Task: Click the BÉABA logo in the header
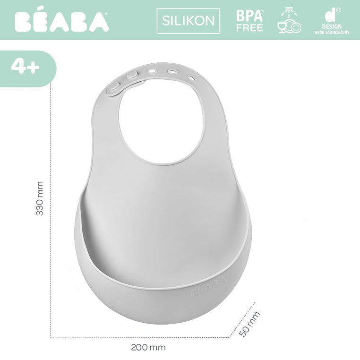61,21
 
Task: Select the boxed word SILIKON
188,21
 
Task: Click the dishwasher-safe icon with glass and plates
289,20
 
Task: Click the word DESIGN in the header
331,27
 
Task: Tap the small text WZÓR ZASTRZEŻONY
331,33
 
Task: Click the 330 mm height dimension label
40,198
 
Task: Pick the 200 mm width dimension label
148,348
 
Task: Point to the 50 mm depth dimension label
249,324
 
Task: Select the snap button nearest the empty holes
132,75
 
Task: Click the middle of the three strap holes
172,72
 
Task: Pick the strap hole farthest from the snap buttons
191,77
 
